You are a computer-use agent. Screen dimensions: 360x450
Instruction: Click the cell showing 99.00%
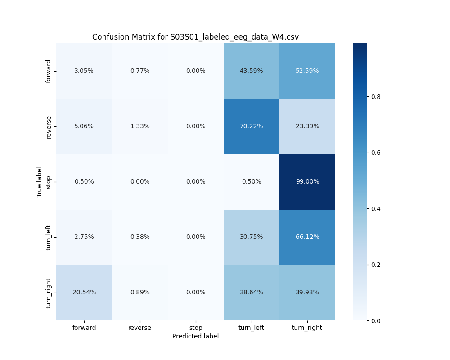[x=307, y=181]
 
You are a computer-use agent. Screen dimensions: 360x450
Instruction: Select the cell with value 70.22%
[x=252, y=126]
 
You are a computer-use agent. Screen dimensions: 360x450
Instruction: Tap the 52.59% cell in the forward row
[x=307, y=71]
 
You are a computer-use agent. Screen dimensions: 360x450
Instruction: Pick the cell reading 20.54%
[x=84, y=292]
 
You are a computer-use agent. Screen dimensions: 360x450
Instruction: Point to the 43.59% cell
[x=252, y=71]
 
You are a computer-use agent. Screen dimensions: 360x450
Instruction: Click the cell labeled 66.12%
[x=307, y=237]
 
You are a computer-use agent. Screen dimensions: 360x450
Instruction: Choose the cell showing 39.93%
[x=307, y=292]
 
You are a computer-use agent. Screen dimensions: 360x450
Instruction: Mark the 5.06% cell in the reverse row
[x=84, y=126]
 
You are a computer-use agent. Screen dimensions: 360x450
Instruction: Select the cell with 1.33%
[x=140, y=126]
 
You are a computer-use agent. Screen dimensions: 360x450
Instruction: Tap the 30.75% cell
[x=252, y=237]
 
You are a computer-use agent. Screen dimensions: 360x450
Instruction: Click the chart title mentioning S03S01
[x=195, y=37]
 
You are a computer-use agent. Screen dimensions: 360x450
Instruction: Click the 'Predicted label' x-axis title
[x=195, y=336]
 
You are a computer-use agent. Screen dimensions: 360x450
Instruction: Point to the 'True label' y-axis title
[x=40, y=182]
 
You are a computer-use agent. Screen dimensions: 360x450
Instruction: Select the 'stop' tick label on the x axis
[x=196, y=328]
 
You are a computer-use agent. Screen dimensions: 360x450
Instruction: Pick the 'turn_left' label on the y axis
[x=49, y=237]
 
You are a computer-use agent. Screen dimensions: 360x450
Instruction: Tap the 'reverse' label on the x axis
[x=140, y=328]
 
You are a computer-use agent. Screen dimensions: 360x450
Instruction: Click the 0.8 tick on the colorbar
[x=376, y=96]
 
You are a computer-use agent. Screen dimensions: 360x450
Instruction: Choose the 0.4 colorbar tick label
[x=376, y=208]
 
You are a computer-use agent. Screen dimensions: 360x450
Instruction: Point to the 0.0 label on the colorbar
[x=376, y=320]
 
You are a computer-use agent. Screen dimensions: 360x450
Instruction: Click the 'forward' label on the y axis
[x=49, y=71]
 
